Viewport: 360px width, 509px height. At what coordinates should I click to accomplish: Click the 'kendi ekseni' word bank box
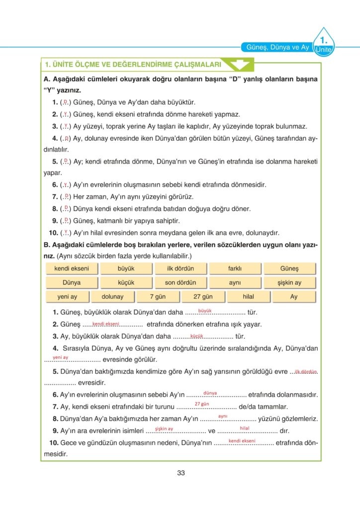coord(72,268)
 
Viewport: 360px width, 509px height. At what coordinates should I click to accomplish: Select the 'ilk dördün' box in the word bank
coord(180,268)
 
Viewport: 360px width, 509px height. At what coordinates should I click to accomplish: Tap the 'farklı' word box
coord(235,268)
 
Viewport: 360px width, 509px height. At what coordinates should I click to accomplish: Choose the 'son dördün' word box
coord(180,282)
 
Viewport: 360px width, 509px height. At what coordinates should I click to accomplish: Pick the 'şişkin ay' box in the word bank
coord(289,282)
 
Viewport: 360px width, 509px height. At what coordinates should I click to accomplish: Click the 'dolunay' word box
coord(112,297)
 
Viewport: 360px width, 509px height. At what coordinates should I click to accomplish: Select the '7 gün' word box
coord(158,297)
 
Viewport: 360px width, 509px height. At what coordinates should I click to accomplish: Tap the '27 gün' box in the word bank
coord(203,297)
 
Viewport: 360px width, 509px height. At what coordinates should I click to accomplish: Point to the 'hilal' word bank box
coord(248,297)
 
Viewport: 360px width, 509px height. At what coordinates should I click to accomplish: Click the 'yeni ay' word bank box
coord(67,297)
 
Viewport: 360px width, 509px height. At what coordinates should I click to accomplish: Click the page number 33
coord(181,473)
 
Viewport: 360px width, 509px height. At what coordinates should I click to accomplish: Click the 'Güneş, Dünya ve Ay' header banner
coord(277,47)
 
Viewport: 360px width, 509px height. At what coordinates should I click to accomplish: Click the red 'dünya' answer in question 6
coord(210,393)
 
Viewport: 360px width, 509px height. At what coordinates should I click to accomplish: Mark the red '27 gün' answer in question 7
coord(201,404)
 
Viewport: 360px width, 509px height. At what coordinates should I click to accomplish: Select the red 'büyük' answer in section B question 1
coord(205,311)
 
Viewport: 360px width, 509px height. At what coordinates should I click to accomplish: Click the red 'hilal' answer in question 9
coord(245,427)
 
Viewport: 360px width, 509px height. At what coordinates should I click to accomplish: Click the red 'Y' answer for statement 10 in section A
coord(66,231)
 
